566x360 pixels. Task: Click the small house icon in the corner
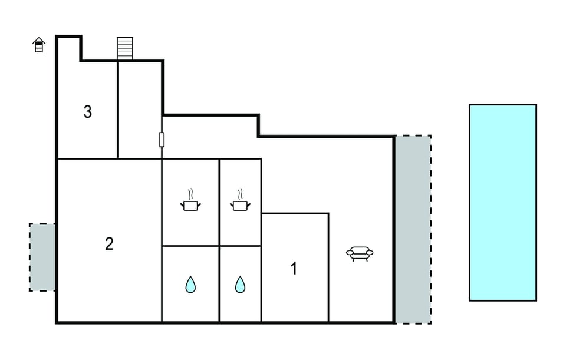pyautogui.click(x=39, y=45)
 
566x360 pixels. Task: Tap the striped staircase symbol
pyautogui.click(x=125, y=48)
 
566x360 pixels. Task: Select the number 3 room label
pyautogui.click(x=88, y=112)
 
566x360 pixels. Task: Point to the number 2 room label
pyautogui.click(x=109, y=244)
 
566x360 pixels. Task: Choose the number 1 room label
pyautogui.click(x=294, y=268)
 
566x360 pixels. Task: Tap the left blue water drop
pyautogui.click(x=190, y=285)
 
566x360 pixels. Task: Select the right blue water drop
pyautogui.click(x=240, y=285)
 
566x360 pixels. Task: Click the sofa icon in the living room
pyautogui.click(x=360, y=253)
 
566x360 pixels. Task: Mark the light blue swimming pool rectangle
pyautogui.click(x=503, y=202)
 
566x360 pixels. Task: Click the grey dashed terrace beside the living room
pyautogui.click(x=413, y=229)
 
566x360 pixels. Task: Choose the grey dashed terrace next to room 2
pyautogui.click(x=42, y=257)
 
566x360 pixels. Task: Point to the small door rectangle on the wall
pyautogui.click(x=162, y=140)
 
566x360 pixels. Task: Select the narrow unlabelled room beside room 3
pyautogui.click(x=140, y=110)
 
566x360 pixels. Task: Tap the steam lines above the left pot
pyautogui.click(x=190, y=194)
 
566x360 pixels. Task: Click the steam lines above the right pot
pyautogui.click(x=240, y=194)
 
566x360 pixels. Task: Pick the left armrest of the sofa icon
pyautogui.click(x=350, y=253)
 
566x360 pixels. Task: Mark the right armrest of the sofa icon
pyautogui.click(x=370, y=253)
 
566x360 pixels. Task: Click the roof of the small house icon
pyautogui.click(x=39, y=41)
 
